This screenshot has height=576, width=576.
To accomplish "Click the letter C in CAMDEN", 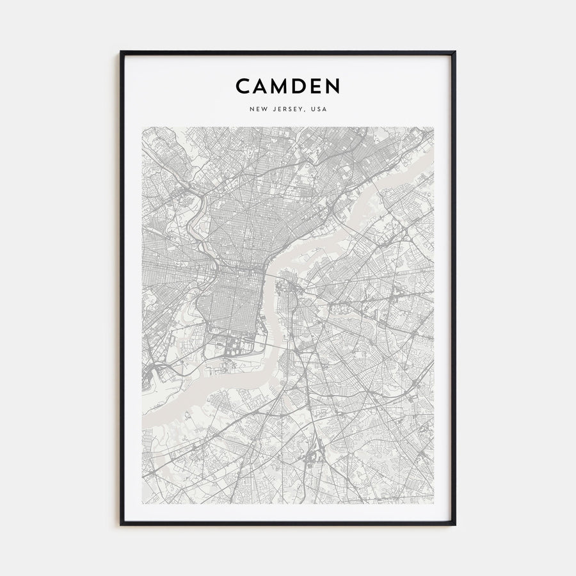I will tap(243, 86).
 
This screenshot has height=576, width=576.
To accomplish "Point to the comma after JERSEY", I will tap(307, 111).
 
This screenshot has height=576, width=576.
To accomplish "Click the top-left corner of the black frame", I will tap(121, 52).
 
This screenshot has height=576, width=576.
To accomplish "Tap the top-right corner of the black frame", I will tap(455, 52).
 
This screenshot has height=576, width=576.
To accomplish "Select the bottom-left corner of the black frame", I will tap(121, 525).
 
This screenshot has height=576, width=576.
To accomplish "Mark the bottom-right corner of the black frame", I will tap(455, 525).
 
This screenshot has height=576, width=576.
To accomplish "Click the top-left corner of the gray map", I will tap(142, 127).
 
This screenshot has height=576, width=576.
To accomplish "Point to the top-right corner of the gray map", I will tap(434, 127).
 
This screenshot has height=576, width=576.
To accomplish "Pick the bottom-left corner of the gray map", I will tap(142, 503).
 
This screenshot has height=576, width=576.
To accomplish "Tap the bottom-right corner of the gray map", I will tap(434, 503).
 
